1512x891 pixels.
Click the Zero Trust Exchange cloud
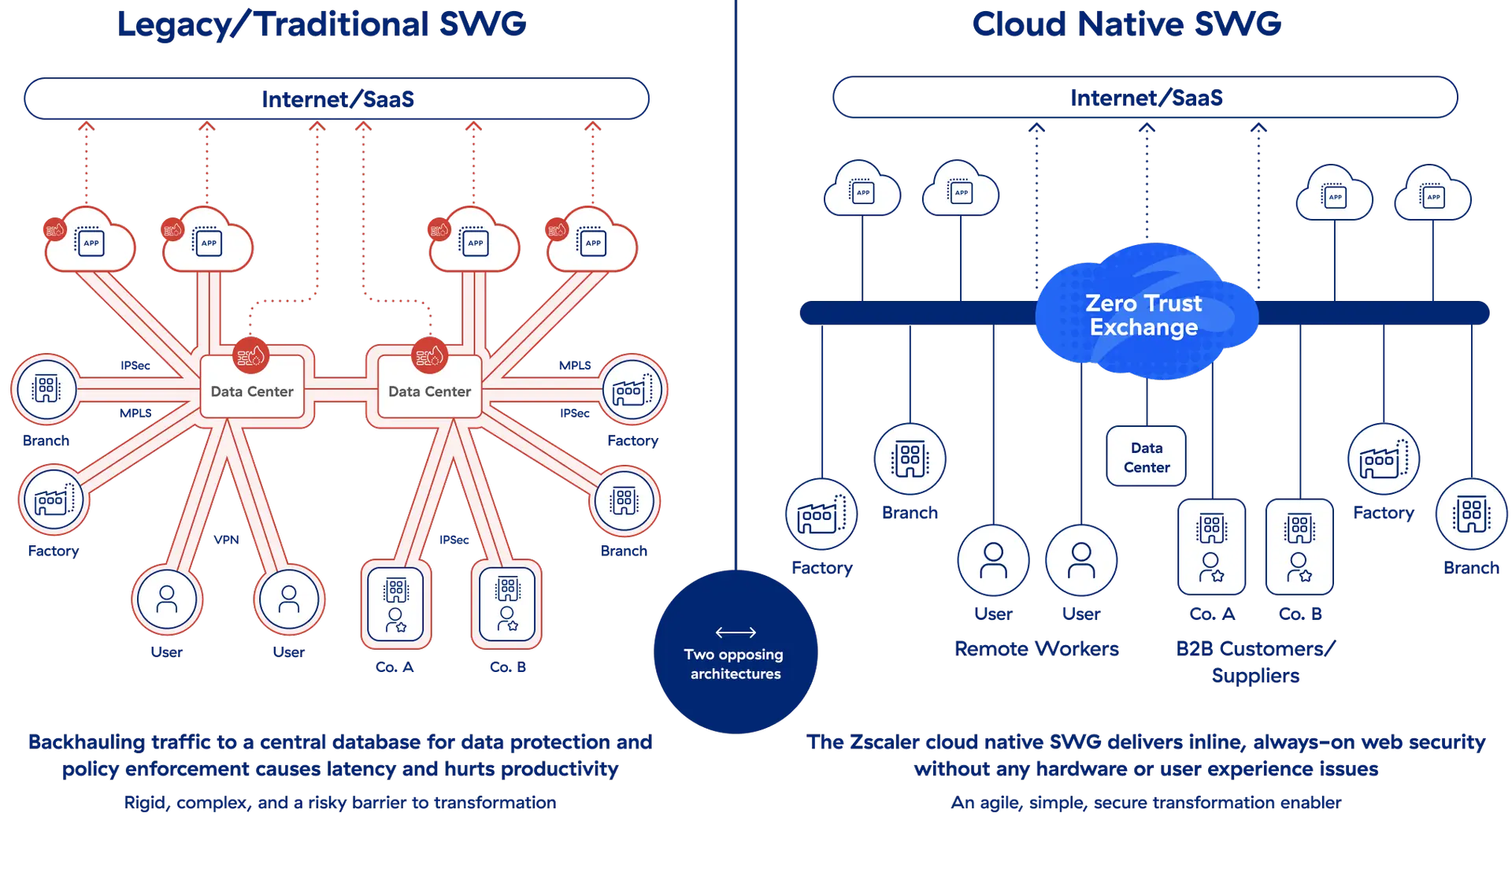tap(1145, 314)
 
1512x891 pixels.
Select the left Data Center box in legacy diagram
tap(252, 391)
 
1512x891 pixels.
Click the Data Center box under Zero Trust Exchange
tap(1146, 457)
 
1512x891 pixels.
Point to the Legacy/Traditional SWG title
tap(321, 24)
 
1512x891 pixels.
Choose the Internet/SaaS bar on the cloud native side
tap(1145, 98)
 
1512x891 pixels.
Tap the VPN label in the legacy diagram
tap(226, 540)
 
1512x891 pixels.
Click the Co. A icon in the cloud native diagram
tap(1212, 547)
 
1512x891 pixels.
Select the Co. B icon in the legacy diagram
tap(508, 604)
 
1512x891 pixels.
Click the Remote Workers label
tap(1036, 648)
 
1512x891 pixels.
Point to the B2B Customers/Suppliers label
tap(1255, 661)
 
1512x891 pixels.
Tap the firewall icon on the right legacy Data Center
tap(430, 357)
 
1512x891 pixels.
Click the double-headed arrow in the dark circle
tap(736, 632)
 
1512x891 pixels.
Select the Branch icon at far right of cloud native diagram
tap(1470, 514)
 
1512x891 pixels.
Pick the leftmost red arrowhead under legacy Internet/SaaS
tap(86, 126)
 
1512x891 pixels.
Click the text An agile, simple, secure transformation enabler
tap(1146, 803)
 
